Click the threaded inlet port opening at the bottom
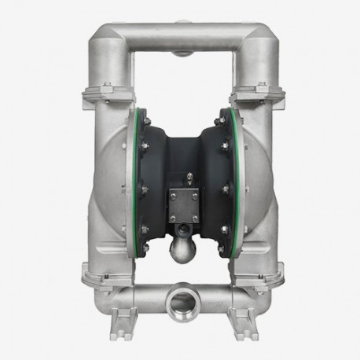pyautogui.click(x=180, y=303)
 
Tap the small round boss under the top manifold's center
pyautogui.click(x=180, y=54)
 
